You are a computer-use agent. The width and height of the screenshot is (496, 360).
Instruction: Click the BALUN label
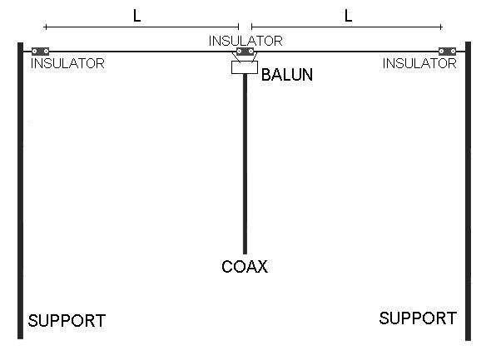click(x=287, y=75)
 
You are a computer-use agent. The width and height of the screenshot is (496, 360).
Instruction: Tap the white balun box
click(x=245, y=67)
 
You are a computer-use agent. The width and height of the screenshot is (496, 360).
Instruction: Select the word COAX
click(x=245, y=266)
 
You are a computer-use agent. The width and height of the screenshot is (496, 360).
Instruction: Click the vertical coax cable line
click(x=245, y=164)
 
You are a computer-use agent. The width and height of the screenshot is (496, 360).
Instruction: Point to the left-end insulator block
click(x=40, y=52)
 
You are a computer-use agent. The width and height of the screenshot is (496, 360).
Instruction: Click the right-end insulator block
click(x=447, y=52)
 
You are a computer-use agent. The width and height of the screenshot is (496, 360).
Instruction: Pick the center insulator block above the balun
click(x=246, y=52)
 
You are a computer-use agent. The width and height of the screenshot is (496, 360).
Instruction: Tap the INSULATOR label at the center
click(x=246, y=41)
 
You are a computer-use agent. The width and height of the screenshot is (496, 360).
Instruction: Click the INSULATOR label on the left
click(x=67, y=63)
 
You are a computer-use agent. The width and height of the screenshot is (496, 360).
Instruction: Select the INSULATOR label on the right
click(x=419, y=63)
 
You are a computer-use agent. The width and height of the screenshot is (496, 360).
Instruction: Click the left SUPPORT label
click(x=67, y=321)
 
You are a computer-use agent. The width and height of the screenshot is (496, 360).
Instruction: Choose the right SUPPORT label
click(x=418, y=318)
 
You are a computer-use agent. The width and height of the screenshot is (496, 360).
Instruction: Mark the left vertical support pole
click(x=20, y=190)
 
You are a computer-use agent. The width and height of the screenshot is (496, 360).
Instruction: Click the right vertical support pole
click(x=469, y=191)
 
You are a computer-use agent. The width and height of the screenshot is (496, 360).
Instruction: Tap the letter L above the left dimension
click(x=137, y=16)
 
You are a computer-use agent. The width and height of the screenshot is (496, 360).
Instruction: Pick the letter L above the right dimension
click(x=348, y=16)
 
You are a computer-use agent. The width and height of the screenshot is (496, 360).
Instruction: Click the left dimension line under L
click(x=141, y=27)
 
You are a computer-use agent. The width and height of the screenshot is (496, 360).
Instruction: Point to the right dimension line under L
click(x=347, y=27)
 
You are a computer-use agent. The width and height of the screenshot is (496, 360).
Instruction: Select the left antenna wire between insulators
click(x=142, y=52)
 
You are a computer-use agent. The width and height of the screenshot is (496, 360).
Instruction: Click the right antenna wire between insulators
click(x=346, y=52)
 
